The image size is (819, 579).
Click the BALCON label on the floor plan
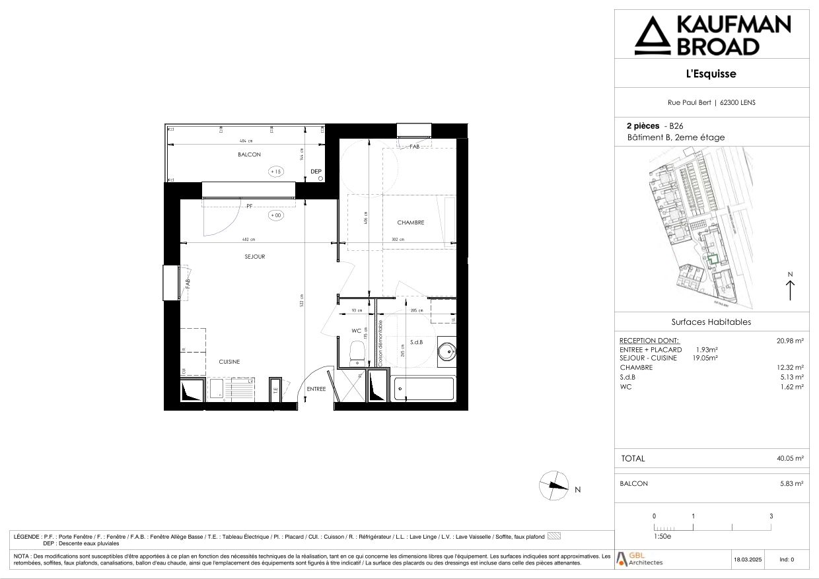point(250,154)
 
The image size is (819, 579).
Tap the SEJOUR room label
point(254,257)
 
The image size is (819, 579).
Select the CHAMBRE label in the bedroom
point(411,222)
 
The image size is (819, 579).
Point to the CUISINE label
point(230,362)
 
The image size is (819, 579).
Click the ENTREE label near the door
point(316,389)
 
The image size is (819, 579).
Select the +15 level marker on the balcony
point(275,172)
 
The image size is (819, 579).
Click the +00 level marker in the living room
point(275,215)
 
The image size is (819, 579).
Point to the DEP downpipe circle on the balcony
point(320,178)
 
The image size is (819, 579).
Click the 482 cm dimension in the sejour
point(248,240)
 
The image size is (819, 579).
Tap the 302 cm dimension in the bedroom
point(398,240)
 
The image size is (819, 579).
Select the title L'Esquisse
point(711,74)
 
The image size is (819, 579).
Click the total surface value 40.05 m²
point(789,458)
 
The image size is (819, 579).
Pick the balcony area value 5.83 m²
point(791,483)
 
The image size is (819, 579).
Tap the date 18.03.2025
point(748,559)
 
